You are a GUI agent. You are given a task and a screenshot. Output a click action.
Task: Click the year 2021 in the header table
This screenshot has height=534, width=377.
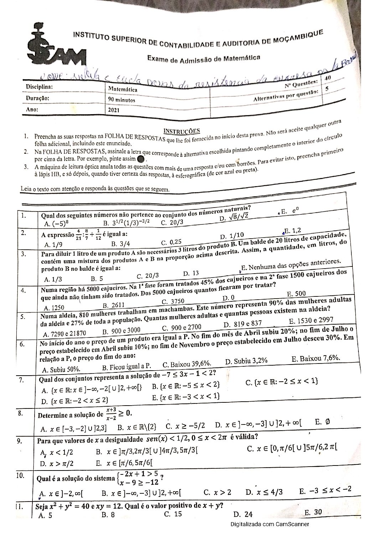point(114,110)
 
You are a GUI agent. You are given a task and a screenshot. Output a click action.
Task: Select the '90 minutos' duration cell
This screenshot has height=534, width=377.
point(122,100)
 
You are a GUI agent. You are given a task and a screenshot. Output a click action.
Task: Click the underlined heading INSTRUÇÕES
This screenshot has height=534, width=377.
point(181,131)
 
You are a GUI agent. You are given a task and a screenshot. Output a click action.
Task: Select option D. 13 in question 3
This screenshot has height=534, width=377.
point(191,274)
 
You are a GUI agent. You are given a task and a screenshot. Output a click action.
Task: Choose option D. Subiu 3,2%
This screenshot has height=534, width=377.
point(246,361)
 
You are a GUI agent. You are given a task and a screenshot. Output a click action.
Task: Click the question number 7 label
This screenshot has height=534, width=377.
point(21,380)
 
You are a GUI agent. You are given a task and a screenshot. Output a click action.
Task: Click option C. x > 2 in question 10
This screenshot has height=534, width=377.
point(217,493)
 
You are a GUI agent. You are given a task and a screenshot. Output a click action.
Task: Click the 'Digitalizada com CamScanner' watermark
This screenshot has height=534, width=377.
point(270,524)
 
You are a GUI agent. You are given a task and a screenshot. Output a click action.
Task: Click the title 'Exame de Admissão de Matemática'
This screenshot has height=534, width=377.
point(203,59)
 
